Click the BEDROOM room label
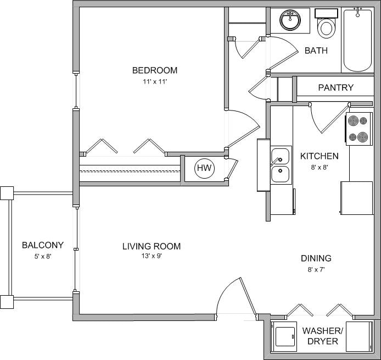pyautogui.click(x=154, y=70)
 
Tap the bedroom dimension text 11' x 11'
pyautogui.click(x=154, y=82)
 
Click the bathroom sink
pyautogui.click(x=290, y=21)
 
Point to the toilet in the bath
pyautogui.click(x=327, y=25)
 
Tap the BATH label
pyautogui.click(x=316, y=51)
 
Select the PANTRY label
pyautogui.click(x=335, y=87)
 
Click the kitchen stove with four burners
pyautogui.click(x=358, y=129)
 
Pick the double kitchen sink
pyautogui.click(x=281, y=165)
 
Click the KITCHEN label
pyautogui.click(x=319, y=156)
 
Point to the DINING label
pyautogui.click(x=316, y=258)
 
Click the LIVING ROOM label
pyautogui.click(x=151, y=246)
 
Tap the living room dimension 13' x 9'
pyautogui.click(x=151, y=256)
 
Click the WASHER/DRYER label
pyautogui.click(x=323, y=336)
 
